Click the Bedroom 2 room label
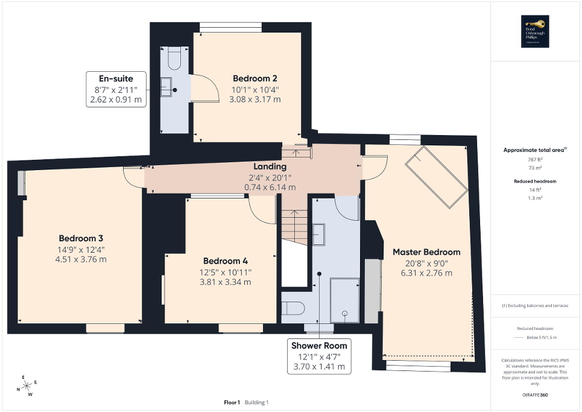(x=255, y=78)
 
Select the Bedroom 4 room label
(x=225, y=261)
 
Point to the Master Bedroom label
(x=426, y=252)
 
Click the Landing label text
(x=270, y=166)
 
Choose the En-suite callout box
(x=116, y=89)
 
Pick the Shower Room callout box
(x=319, y=356)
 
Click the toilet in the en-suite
(x=174, y=59)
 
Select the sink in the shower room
(x=319, y=233)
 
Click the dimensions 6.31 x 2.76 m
(x=426, y=273)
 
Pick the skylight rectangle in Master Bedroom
(x=437, y=179)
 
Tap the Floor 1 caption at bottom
(x=232, y=402)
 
